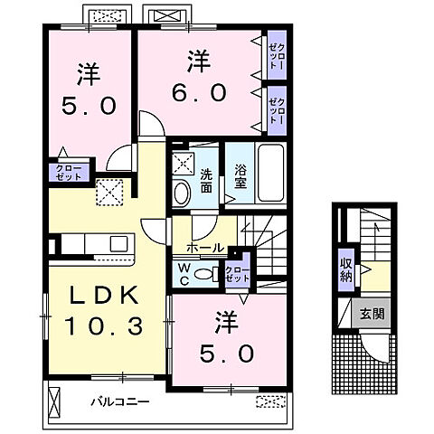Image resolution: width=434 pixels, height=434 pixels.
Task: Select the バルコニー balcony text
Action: (x=120, y=399)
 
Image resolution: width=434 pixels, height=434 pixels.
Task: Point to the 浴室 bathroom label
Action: (x=241, y=174)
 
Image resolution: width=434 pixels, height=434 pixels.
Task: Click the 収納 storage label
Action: (x=346, y=269)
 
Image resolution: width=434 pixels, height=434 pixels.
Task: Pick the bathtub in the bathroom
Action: (x=270, y=174)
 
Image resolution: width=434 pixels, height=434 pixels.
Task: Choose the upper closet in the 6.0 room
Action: (x=275, y=56)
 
